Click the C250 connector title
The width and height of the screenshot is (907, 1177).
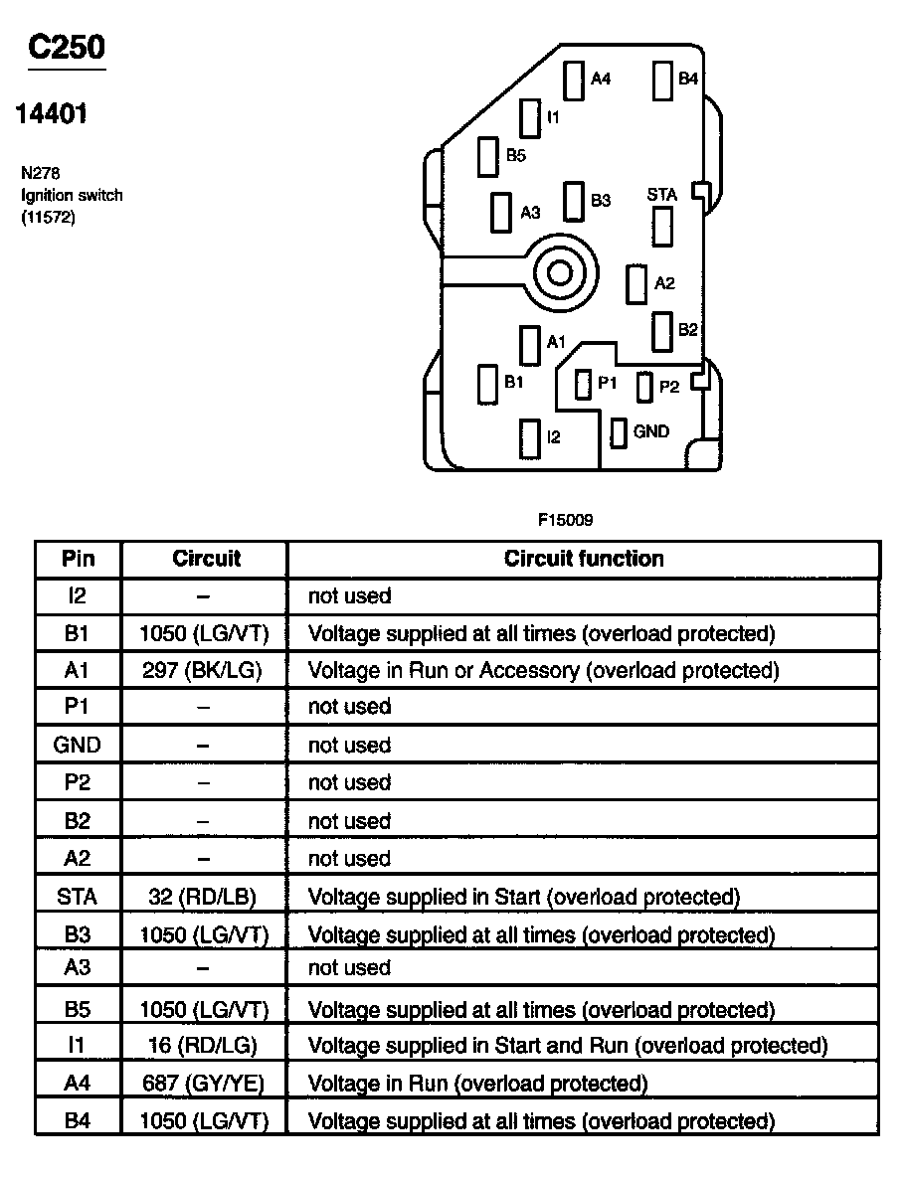(x=67, y=47)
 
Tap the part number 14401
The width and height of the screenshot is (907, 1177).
(x=51, y=114)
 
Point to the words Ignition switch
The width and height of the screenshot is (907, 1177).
(x=72, y=195)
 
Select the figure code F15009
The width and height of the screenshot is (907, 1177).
(x=566, y=519)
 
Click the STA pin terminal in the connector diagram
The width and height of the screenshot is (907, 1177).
(x=661, y=228)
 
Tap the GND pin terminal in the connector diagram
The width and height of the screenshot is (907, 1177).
(x=618, y=432)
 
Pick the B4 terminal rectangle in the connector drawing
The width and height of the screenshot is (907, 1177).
(x=663, y=81)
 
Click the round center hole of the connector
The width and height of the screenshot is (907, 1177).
(x=560, y=272)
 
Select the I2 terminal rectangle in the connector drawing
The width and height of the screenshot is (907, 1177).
(x=529, y=437)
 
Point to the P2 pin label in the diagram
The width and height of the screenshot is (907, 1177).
(x=669, y=387)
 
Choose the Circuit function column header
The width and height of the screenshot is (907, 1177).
(x=584, y=559)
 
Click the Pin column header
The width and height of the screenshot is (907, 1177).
(x=78, y=559)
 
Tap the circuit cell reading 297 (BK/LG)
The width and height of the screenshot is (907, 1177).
(x=202, y=670)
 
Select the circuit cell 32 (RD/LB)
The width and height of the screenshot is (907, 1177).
(x=204, y=897)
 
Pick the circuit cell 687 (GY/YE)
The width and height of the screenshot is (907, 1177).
(x=203, y=1083)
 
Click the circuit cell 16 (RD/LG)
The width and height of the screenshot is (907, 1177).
(x=204, y=1046)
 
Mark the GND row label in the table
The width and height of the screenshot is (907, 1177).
(x=78, y=745)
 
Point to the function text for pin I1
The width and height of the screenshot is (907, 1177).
(x=568, y=1046)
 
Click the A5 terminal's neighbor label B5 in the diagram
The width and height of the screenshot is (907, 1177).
(x=515, y=156)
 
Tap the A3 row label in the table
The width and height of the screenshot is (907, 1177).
(x=78, y=968)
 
